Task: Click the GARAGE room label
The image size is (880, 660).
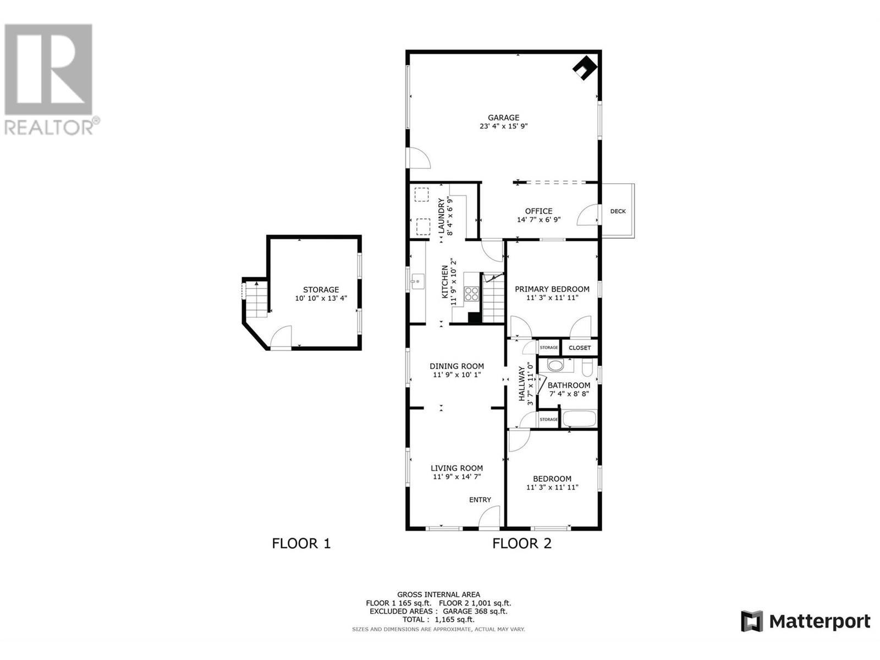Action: coord(503,117)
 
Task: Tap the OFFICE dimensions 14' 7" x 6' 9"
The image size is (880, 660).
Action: coord(538,220)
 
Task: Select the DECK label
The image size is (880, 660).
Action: coord(618,211)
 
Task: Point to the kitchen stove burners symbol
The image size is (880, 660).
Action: coord(471,293)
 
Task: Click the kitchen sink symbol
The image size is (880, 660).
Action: coord(416,283)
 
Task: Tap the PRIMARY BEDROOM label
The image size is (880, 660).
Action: coord(552,289)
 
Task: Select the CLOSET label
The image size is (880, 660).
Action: coord(580,348)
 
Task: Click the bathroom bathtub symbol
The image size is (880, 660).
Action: coord(579,419)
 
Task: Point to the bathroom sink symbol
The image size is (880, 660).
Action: coord(555,365)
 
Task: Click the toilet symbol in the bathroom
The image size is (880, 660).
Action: coord(586,365)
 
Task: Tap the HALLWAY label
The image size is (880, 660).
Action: coord(522,384)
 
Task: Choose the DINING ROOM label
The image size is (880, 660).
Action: coord(457,366)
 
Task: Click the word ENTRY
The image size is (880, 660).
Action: coord(480,500)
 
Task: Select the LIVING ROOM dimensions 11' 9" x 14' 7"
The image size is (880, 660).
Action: coord(457,477)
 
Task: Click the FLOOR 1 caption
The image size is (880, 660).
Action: coord(301,543)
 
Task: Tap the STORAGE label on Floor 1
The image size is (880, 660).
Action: coord(321,290)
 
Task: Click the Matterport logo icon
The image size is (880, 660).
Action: coord(752,621)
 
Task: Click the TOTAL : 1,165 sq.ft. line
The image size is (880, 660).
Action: coord(438,619)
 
